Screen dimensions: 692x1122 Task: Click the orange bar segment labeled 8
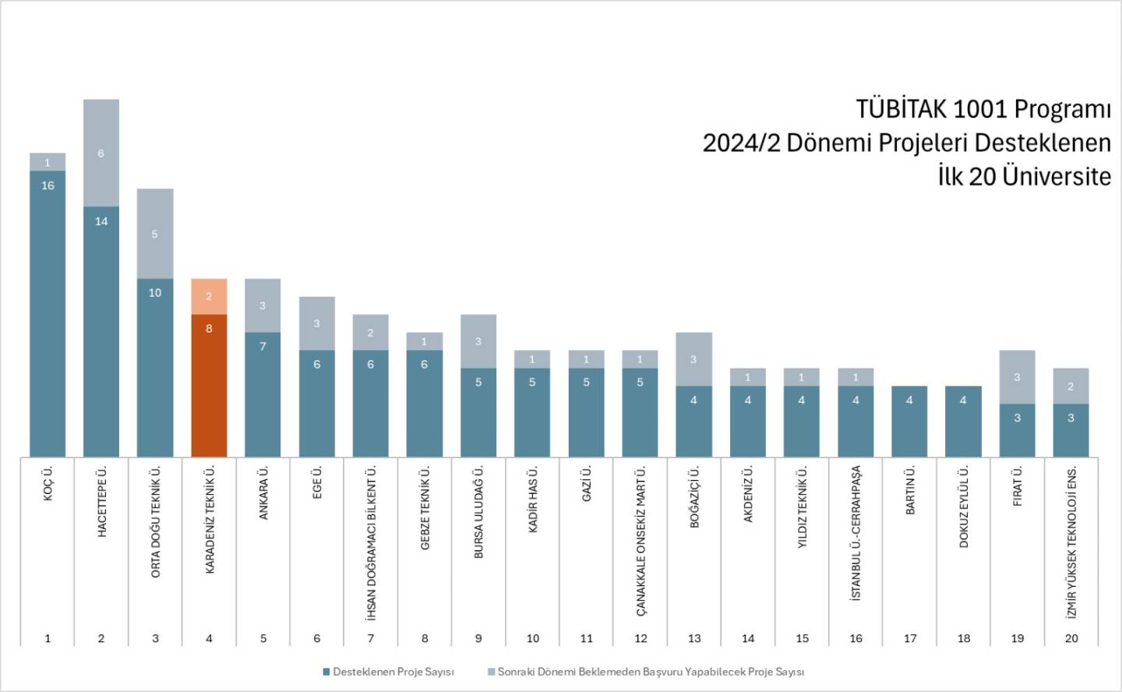click(x=209, y=385)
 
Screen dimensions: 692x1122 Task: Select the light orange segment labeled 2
click(x=209, y=296)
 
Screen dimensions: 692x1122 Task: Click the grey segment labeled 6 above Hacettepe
click(x=101, y=153)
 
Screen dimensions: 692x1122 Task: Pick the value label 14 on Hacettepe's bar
click(x=101, y=221)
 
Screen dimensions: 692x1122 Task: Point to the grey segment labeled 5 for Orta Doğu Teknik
click(x=155, y=233)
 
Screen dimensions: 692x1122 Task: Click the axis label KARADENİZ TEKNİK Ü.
click(x=210, y=520)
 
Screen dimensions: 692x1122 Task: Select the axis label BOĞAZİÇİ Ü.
click(x=694, y=497)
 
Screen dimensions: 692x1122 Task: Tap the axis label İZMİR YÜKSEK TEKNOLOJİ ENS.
click(x=1072, y=542)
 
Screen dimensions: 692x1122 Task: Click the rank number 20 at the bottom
click(x=1071, y=638)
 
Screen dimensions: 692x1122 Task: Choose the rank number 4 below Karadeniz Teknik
click(x=209, y=638)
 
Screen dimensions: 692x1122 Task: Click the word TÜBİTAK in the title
click(x=899, y=109)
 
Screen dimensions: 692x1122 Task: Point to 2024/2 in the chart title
click(x=741, y=143)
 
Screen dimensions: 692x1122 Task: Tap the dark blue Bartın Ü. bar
click(x=909, y=421)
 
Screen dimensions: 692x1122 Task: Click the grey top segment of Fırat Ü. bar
click(x=1018, y=376)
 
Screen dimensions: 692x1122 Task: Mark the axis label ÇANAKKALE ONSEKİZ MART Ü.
click(x=640, y=542)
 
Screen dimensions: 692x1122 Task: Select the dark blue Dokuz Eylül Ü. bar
click(x=964, y=421)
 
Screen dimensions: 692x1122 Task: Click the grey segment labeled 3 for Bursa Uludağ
click(x=478, y=341)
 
